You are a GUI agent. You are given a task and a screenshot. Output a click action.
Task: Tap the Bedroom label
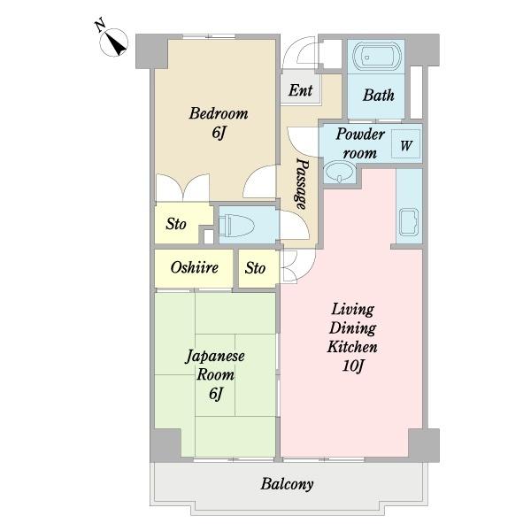point(218,114)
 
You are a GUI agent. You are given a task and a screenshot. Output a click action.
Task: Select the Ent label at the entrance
point(300,90)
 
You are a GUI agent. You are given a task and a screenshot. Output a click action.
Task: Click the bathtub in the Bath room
point(376,58)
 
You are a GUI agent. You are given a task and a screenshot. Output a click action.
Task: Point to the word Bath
point(378,96)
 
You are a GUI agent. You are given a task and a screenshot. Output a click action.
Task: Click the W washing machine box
point(405,145)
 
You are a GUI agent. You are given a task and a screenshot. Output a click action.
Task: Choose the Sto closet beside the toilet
point(176,224)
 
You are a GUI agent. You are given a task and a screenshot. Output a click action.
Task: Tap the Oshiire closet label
point(194,268)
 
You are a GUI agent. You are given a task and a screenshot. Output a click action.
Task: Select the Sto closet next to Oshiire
point(256,268)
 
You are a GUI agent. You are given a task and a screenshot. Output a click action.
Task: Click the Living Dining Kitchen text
point(353,328)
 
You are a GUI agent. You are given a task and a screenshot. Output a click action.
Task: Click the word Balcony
point(287,484)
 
